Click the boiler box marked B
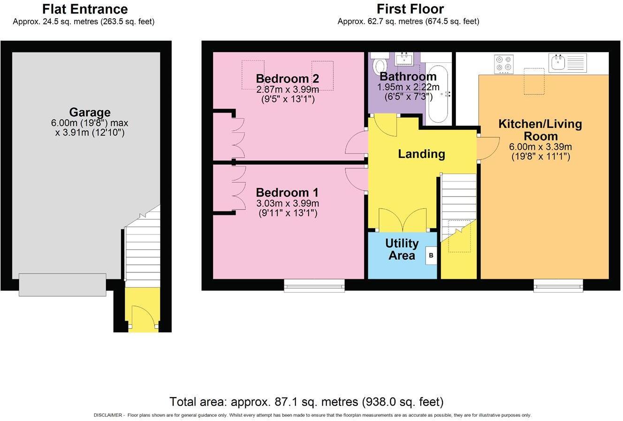click(x=431, y=256)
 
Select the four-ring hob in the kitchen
click(x=504, y=64)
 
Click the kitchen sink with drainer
click(x=567, y=63)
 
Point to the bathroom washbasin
click(x=404, y=59)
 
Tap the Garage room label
click(x=90, y=112)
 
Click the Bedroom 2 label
click(x=287, y=79)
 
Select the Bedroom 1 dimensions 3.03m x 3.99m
click(x=288, y=203)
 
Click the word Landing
click(x=421, y=154)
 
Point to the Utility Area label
click(x=402, y=249)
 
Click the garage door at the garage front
click(x=62, y=285)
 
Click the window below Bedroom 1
click(x=314, y=286)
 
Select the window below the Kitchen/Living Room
click(x=558, y=286)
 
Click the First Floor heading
click(x=410, y=9)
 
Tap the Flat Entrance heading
click(x=85, y=9)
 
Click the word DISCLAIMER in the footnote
click(x=107, y=415)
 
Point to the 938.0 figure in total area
click(x=379, y=402)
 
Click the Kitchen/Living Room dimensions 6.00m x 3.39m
click(x=540, y=147)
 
